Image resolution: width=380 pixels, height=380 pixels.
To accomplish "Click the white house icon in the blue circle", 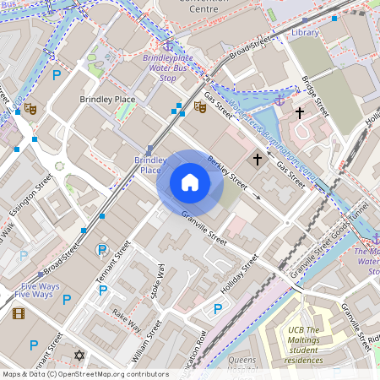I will (x=190, y=182).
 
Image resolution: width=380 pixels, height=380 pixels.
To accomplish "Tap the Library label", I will (x=305, y=32).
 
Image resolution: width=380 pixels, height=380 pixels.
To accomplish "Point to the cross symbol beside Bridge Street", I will (x=299, y=112).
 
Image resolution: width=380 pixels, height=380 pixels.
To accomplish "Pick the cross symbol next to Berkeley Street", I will (x=258, y=159).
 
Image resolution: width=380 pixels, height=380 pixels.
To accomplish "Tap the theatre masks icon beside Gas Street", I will (x=200, y=106).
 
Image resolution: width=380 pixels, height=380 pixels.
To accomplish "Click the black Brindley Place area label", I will (x=107, y=100).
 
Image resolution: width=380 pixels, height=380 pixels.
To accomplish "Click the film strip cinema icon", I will (x=19, y=313).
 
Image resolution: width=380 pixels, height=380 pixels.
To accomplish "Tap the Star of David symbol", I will (x=80, y=356).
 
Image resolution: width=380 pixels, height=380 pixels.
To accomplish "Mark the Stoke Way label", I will (x=157, y=280).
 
